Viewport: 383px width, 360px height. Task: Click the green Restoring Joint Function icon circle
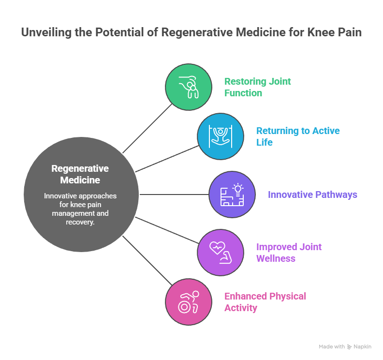(189, 87)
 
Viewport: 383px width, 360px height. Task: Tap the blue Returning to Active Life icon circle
(221, 136)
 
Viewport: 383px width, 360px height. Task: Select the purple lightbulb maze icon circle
(232, 195)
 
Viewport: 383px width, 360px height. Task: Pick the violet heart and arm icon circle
(221, 252)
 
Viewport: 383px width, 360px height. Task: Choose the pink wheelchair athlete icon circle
(189, 301)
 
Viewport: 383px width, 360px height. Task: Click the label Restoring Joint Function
(257, 87)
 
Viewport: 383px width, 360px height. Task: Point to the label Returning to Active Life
(297, 136)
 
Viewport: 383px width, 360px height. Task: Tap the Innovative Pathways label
(312, 195)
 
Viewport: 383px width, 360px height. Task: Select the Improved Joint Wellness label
(289, 252)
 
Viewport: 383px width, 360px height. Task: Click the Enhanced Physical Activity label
(265, 301)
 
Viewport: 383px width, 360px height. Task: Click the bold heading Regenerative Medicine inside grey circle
(80, 174)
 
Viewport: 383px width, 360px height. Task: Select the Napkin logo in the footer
(359, 347)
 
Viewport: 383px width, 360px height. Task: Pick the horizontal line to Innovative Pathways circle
(174, 195)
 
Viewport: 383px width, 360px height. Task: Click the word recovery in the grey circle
(80, 222)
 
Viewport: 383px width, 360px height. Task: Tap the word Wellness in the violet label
(275, 258)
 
